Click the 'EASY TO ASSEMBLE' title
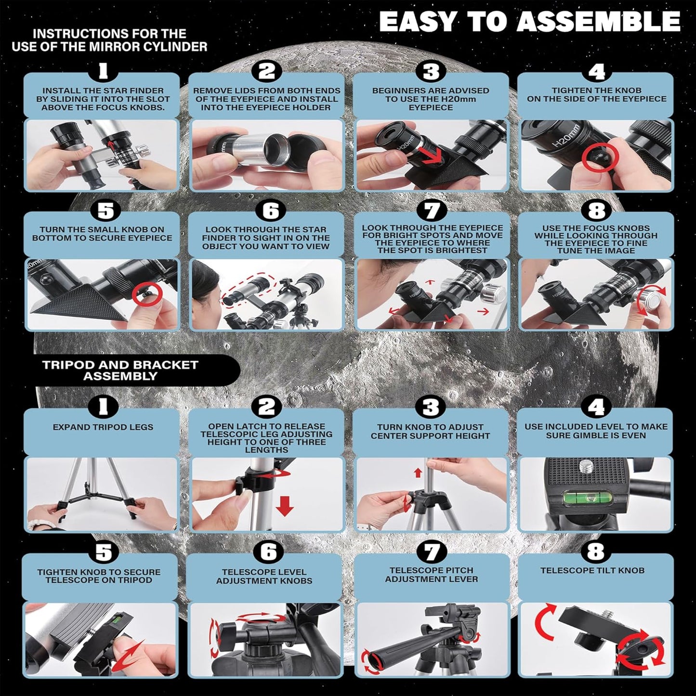529,22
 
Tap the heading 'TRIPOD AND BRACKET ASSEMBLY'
120,370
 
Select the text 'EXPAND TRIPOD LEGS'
103,427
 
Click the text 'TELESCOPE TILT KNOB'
592,570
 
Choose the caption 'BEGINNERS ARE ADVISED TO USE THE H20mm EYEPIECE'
430,99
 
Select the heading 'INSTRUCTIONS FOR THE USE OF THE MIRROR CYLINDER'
109,40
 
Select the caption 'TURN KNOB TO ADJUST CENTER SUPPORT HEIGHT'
430,431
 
